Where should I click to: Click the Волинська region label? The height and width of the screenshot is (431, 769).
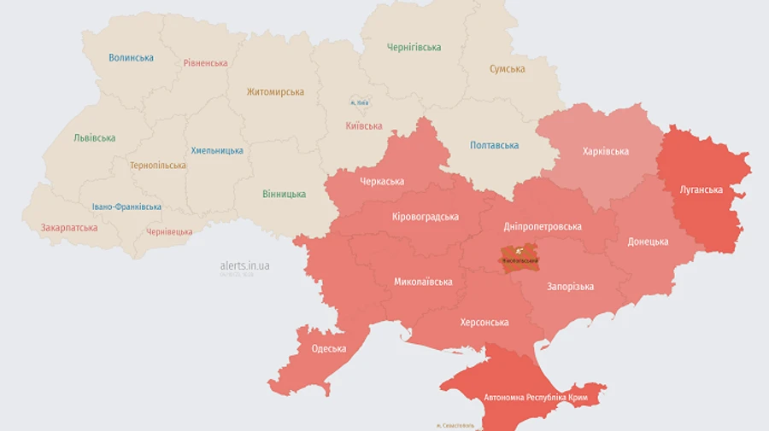131,58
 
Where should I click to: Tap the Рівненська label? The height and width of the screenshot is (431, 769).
205,63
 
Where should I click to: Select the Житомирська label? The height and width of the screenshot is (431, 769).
275,92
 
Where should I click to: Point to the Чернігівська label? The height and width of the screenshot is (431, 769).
414,48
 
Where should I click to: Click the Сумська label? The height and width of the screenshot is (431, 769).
507,69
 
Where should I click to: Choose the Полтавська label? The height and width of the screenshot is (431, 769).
494,145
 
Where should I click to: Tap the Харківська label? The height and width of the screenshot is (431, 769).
605,152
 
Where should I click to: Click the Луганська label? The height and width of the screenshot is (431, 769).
701,189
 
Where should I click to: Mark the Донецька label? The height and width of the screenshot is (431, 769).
648,242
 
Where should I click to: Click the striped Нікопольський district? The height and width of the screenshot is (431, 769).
519,258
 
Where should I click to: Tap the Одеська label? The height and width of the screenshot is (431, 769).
329,348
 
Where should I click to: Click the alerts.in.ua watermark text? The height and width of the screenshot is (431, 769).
244,266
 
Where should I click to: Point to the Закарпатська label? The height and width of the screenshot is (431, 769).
68,228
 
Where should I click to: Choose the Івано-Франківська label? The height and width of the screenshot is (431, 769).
126,207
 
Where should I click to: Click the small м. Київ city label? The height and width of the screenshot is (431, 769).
359,103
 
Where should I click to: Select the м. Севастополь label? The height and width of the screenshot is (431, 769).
455,425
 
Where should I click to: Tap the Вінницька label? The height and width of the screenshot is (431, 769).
284,195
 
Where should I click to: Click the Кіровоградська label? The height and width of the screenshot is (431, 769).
425,217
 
